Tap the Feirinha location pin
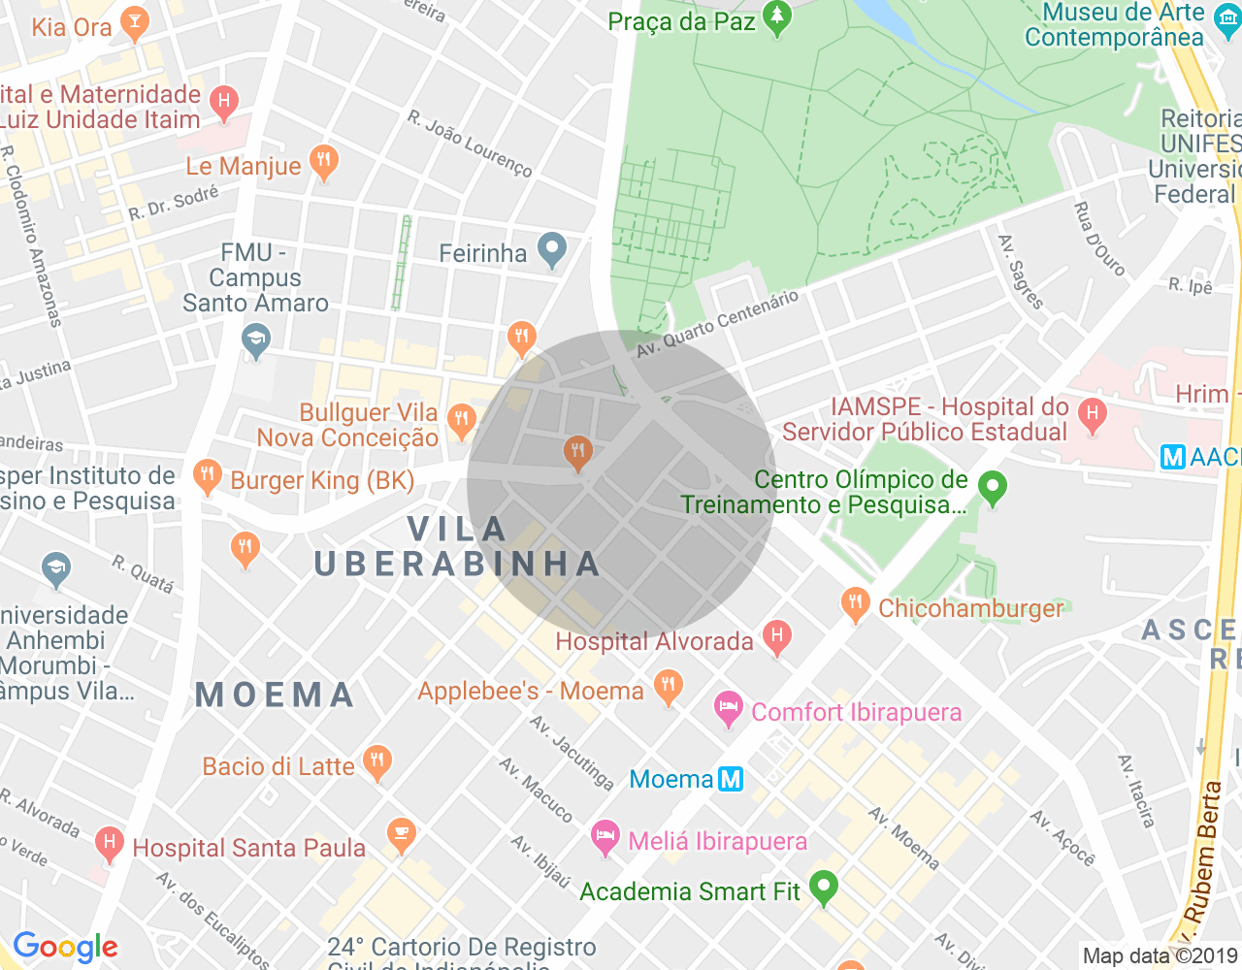(552, 250)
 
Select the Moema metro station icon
(731, 779)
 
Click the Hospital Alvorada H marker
(776, 637)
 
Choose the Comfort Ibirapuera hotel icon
(728, 709)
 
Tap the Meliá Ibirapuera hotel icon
(605, 838)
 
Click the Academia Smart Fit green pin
(824, 887)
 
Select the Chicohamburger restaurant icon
(855, 604)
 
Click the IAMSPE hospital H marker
(1093, 415)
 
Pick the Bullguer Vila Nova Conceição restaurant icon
(461, 421)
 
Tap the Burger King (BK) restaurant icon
(207, 475)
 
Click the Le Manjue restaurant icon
(323, 162)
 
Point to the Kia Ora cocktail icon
(134, 23)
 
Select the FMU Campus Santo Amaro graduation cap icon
(256, 340)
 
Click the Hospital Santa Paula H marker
(109, 844)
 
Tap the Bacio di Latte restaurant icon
(376, 762)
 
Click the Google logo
(66, 948)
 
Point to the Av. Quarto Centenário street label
(718, 323)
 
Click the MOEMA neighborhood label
(276, 695)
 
